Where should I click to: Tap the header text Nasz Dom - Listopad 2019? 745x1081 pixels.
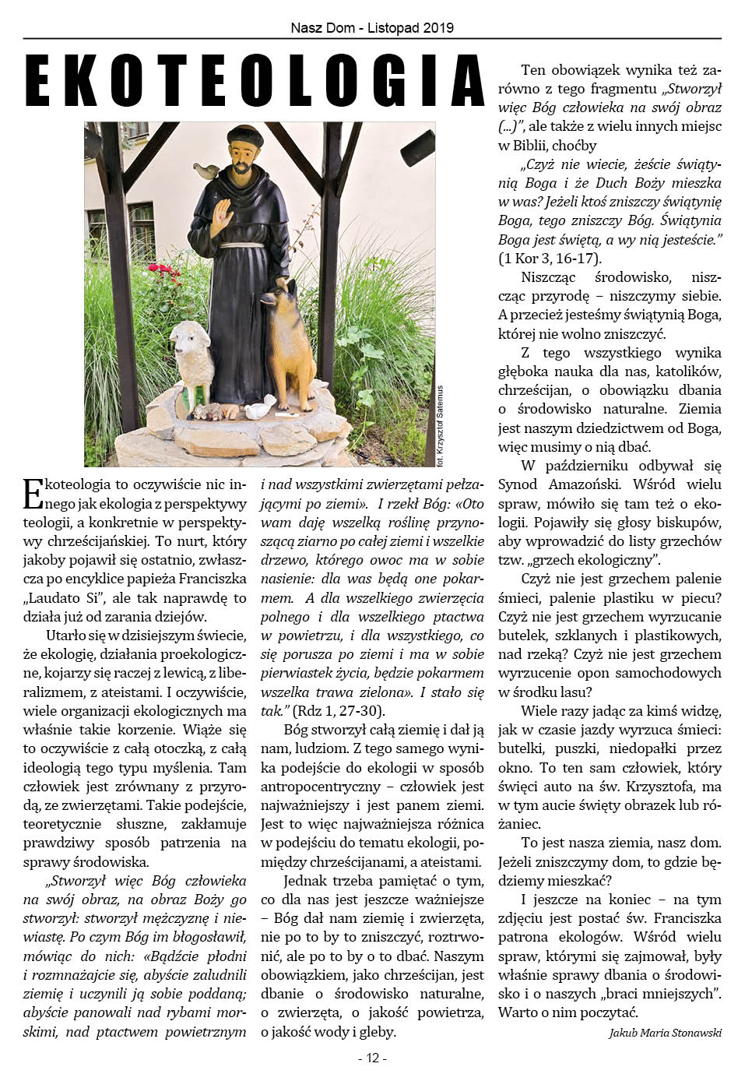372,28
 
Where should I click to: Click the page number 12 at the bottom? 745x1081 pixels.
372,1058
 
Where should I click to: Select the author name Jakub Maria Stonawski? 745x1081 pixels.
665,1033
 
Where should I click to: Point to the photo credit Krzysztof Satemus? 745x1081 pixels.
440,424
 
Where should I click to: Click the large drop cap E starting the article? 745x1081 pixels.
33,494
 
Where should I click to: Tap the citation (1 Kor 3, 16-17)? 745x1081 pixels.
550,259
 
